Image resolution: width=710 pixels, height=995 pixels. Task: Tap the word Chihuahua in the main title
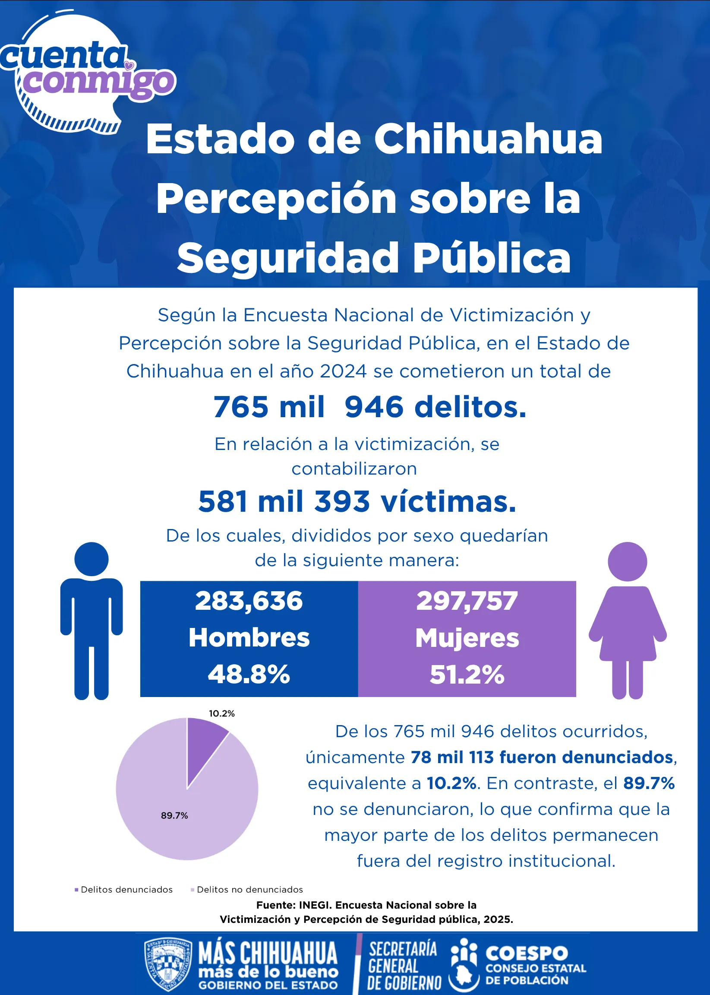(488, 139)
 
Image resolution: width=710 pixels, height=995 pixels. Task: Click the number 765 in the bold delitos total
(240, 407)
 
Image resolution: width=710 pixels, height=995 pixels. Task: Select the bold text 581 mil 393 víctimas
(357, 501)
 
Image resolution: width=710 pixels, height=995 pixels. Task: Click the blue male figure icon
(92, 621)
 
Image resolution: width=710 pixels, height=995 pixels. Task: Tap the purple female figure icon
(628, 621)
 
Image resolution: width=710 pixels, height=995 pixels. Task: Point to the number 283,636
(249, 601)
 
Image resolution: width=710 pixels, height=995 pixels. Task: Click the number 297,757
(467, 601)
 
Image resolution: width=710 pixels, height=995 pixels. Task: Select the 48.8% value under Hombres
(249, 674)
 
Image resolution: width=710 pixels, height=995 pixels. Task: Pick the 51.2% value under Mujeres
(467, 674)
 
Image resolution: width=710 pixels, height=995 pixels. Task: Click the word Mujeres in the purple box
(467, 638)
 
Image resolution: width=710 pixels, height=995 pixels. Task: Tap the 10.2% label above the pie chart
(222, 713)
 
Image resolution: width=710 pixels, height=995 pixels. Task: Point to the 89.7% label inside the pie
(174, 816)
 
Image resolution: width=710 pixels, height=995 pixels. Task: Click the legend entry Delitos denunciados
(124, 890)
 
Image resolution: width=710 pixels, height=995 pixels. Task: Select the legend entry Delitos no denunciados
(246, 890)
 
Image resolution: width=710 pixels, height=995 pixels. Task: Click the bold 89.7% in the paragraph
(649, 783)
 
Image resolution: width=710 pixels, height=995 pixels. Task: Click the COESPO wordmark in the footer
(527, 954)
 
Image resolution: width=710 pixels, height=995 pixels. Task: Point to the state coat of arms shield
(168, 964)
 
